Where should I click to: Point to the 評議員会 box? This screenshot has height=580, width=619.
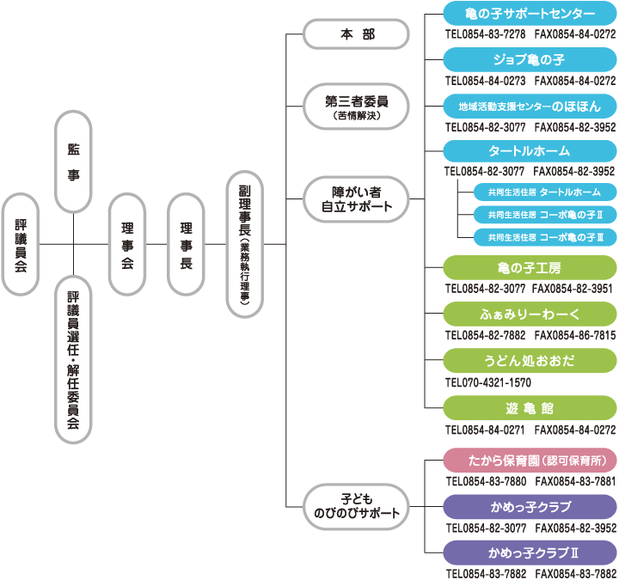pyautogui.click(x=21, y=244)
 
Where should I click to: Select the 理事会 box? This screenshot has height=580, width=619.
pyautogui.click(x=127, y=244)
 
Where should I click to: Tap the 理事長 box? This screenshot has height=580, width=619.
pyautogui.click(x=187, y=244)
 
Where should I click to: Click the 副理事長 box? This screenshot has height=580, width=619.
pyautogui.click(x=244, y=244)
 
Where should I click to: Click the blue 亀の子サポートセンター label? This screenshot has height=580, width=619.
pyautogui.click(x=530, y=14)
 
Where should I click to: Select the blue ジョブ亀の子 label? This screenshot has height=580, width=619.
pyautogui.click(x=530, y=60)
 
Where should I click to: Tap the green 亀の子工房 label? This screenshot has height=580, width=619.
pyautogui.click(x=530, y=267)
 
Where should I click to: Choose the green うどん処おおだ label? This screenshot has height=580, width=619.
pyautogui.click(x=530, y=359)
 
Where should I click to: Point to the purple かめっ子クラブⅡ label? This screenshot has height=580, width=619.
pyautogui.click(x=530, y=552)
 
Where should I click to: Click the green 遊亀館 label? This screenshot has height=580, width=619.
pyautogui.click(x=530, y=406)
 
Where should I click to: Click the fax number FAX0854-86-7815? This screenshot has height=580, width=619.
pyautogui.click(x=573, y=335)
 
